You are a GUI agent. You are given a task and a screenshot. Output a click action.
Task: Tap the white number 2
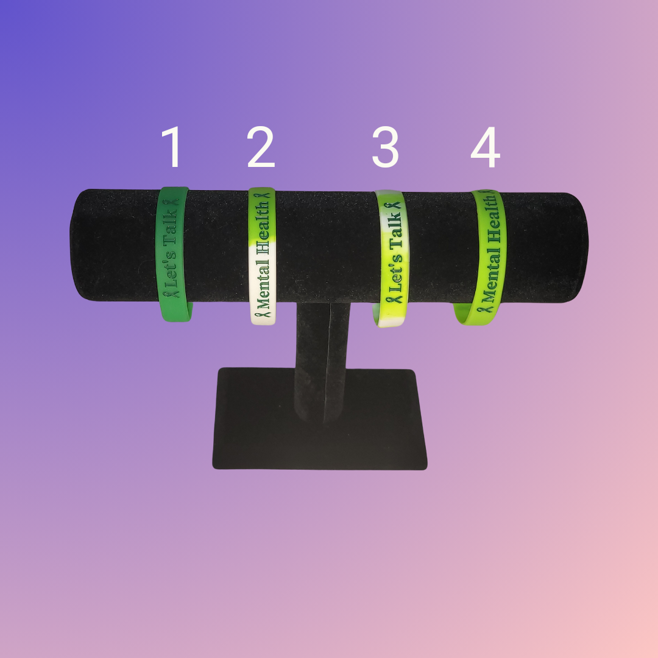click(261, 147)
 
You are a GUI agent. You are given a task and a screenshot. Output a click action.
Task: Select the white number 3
click(385, 147)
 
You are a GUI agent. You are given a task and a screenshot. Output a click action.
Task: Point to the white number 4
click(486, 147)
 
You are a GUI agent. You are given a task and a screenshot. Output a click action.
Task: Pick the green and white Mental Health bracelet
click(262, 256)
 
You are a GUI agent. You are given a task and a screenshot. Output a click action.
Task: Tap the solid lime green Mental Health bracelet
click(487, 256)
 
